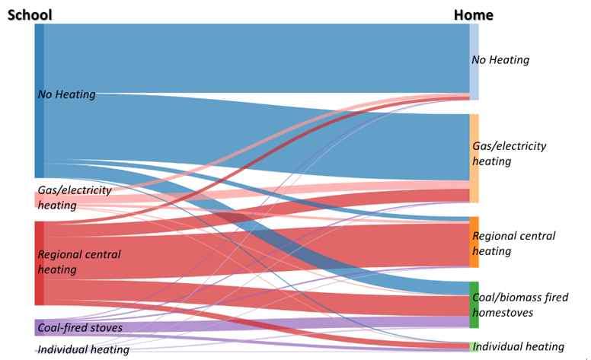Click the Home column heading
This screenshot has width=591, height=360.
click(x=473, y=14)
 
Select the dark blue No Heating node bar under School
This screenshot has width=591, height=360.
click(x=39, y=99)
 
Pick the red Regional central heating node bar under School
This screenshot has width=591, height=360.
click(x=39, y=263)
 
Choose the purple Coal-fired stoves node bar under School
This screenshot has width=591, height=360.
click(x=39, y=327)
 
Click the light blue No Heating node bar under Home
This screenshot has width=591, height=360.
click(x=474, y=61)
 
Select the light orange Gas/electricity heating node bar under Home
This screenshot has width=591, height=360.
click(x=474, y=158)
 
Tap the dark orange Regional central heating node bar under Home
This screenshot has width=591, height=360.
click(x=474, y=242)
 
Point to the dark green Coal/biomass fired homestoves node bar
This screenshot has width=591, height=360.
click(x=474, y=304)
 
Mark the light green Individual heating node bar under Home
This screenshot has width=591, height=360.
click(x=474, y=346)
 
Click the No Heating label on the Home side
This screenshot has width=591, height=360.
click(x=500, y=59)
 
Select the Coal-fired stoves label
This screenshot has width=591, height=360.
click(x=80, y=328)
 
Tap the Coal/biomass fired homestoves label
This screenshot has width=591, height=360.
click(x=520, y=304)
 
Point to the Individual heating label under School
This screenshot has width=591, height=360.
click(x=78, y=350)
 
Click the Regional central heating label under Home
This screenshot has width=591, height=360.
click(x=514, y=243)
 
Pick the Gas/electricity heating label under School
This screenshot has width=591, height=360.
click(x=75, y=197)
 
